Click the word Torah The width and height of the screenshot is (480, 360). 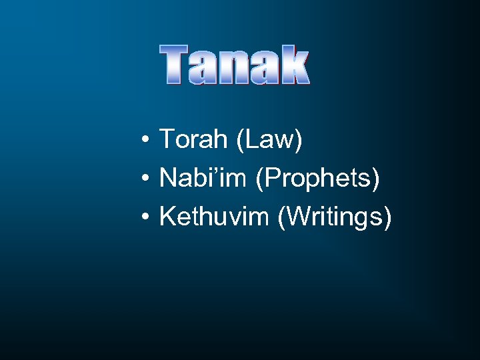(191, 140)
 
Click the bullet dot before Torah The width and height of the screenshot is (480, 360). (145, 141)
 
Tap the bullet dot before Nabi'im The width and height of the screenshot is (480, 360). (145, 179)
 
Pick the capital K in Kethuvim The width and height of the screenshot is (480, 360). (167, 217)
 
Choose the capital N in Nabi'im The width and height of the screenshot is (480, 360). (167, 179)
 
